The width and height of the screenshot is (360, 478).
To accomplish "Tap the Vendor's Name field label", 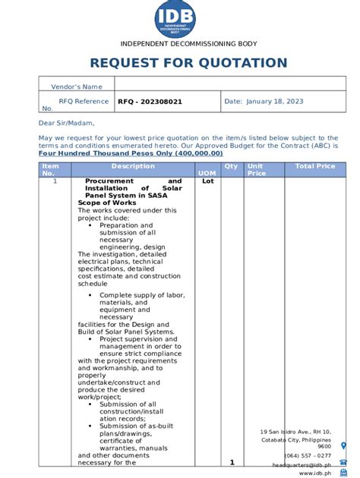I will [76, 87].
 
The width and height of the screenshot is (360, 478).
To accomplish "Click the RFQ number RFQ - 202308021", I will [150, 101].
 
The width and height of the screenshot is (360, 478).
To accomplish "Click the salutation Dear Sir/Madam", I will [67, 123].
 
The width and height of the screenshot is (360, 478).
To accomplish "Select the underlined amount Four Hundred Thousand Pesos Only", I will [130, 153].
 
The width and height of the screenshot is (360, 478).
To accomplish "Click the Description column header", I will [133, 166].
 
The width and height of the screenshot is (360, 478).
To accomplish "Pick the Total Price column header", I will [315, 166].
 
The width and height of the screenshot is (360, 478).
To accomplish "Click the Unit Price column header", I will [256, 170].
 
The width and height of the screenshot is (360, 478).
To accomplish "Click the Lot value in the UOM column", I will [207, 182].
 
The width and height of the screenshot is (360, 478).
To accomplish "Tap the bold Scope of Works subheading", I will [107, 203].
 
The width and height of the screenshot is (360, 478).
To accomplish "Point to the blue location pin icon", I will [344, 445].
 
